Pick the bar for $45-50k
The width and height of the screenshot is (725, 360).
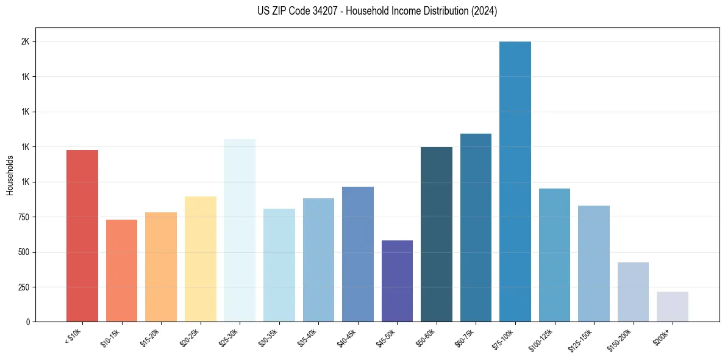[397, 281]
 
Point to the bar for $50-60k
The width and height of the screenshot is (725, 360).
[437, 234]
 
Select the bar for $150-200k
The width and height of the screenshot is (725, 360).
[633, 292]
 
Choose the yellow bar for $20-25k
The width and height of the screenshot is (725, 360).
[201, 259]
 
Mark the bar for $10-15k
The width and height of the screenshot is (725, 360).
[122, 271]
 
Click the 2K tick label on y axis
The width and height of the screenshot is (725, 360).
[26, 42]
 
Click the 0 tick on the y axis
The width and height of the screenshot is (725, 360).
[28, 322]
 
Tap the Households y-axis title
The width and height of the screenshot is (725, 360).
[10, 175]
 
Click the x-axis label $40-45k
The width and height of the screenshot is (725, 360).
[347, 337]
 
